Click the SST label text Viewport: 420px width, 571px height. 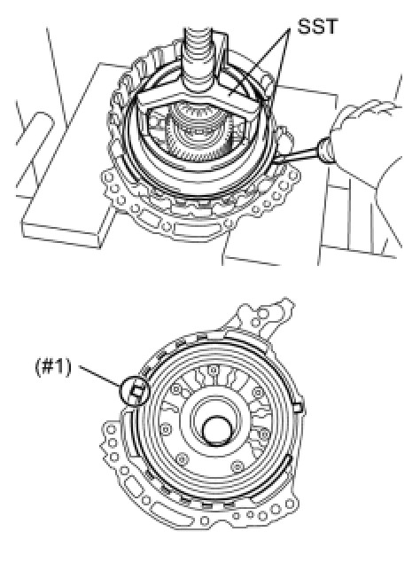click(317, 27)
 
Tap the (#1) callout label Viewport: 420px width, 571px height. click(53, 366)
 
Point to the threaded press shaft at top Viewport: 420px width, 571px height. click(198, 59)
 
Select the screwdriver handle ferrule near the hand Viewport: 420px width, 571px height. click(326, 148)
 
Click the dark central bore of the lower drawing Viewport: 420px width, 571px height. click(217, 430)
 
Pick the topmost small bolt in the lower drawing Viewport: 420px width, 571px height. click(214, 371)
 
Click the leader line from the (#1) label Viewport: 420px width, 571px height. click(100, 375)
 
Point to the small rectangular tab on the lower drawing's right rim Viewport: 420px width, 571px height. click(298, 407)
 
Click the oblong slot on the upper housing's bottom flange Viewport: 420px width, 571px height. click(191, 230)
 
